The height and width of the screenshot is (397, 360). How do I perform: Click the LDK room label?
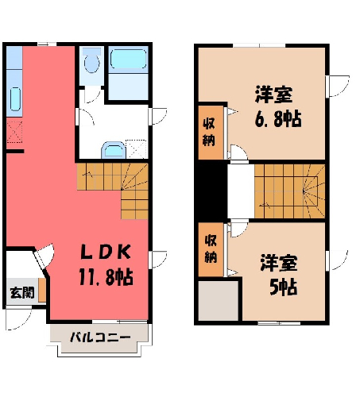tap(106, 252)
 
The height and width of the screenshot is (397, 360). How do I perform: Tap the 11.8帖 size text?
tap(106, 277)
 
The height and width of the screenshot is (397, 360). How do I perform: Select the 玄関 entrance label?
tap(22, 293)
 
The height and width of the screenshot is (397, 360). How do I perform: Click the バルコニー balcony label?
tap(100, 337)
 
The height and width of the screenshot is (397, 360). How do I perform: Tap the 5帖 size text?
tap(283, 287)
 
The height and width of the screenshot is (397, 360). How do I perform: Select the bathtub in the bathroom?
tap(128, 60)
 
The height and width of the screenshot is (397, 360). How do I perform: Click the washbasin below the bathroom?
tap(114, 151)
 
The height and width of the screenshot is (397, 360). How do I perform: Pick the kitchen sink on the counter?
tap(15, 99)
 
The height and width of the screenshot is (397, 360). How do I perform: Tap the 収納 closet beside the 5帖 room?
tap(211, 249)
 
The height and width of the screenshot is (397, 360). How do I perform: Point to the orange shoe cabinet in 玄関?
tap(42, 290)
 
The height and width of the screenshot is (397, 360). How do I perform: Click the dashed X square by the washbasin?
tap(137, 149)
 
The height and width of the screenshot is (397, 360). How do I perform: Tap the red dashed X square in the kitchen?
tap(14, 132)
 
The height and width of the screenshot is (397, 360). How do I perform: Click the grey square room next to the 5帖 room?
tap(219, 301)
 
